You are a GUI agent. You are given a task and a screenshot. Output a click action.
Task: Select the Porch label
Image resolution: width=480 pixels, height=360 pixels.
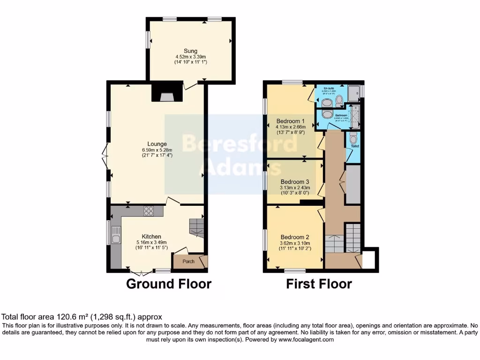(188, 262)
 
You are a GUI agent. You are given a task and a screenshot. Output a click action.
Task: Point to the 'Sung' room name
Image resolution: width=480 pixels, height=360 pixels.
(190, 51)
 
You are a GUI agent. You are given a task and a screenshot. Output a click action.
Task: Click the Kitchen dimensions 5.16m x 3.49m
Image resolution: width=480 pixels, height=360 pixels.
(151, 242)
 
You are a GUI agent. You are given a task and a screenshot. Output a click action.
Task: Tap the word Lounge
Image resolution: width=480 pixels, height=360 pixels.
(157, 144)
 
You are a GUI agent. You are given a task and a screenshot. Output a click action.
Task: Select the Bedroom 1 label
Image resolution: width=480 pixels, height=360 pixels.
(291, 120)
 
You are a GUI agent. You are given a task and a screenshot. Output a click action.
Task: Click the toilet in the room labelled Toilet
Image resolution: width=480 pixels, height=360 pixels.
(353, 137)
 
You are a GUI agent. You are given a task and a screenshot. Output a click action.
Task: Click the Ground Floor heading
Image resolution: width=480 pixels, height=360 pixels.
(169, 284)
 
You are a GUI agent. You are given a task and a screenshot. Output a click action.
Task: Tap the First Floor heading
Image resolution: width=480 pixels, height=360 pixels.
(319, 284)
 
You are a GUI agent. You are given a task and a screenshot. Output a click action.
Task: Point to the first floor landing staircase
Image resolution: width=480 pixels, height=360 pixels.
(352, 236)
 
